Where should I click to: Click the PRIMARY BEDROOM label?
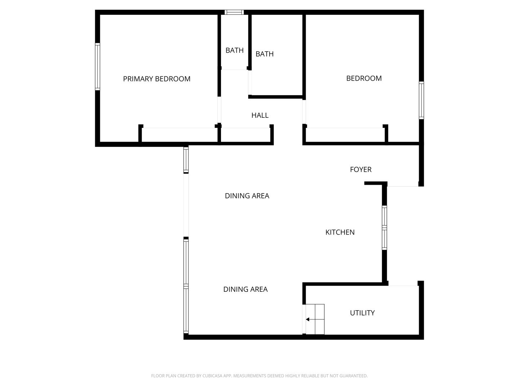[156, 79]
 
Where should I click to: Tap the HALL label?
[260, 115]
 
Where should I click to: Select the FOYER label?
[360, 169]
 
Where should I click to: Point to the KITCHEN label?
[340, 232]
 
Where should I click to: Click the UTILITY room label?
[362, 313]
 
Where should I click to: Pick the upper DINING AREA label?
[247, 196]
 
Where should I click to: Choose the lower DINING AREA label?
[245, 289]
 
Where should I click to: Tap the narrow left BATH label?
[234, 50]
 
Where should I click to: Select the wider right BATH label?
[265, 54]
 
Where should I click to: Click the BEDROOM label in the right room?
[364, 79]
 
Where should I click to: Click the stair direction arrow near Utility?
[307, 319]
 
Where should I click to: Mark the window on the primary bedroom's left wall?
[97, 67]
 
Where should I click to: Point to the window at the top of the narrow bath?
[234, 12]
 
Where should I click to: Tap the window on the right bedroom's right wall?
[421, 100]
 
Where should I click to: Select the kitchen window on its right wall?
[385, 228]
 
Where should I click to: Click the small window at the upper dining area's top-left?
[186, 160]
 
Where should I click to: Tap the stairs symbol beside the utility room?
[315, 319]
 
